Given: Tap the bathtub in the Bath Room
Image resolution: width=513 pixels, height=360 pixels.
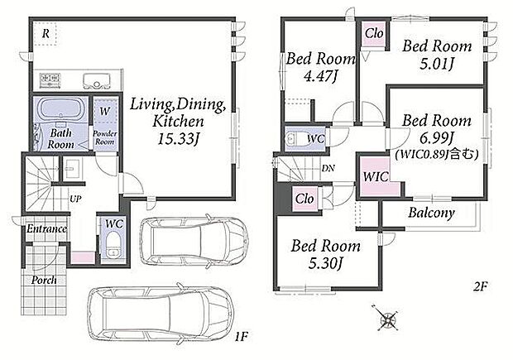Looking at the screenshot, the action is [x=60, y=109].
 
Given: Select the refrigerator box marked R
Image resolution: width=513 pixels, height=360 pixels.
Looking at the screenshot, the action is [x=46, y=33].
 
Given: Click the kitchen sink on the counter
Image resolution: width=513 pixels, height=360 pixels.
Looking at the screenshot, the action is [x=96, y=81].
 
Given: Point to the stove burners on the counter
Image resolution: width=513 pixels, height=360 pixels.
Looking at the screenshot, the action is [x=50, y=79].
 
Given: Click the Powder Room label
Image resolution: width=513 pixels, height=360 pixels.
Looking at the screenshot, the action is [x=105, y=137].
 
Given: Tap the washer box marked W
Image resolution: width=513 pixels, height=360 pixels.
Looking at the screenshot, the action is [x=105, y=111].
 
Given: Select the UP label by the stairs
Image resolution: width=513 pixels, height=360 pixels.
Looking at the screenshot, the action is [x=75, y=199].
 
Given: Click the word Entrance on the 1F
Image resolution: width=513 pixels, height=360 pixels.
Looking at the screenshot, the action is [x=46, y=228].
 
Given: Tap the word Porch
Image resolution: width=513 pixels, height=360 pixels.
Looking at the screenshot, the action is [x=44, y=280].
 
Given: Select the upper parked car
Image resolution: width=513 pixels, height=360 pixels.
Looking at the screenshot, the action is [x=194, y=241].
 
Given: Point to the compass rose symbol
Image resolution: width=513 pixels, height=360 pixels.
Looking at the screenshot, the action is [x=386, y=317].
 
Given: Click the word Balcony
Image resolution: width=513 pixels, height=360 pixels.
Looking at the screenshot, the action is [x=432, y=213].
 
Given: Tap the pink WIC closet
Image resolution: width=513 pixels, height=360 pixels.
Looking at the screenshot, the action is [x=376, y=177].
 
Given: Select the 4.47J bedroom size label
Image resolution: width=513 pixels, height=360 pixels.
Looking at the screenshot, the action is [x=321, y=76].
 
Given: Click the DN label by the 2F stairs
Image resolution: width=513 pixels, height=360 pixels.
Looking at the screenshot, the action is [x=328, y=169].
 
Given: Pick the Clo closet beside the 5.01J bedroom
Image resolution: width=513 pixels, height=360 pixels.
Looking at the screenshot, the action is [x=374, y=33].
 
